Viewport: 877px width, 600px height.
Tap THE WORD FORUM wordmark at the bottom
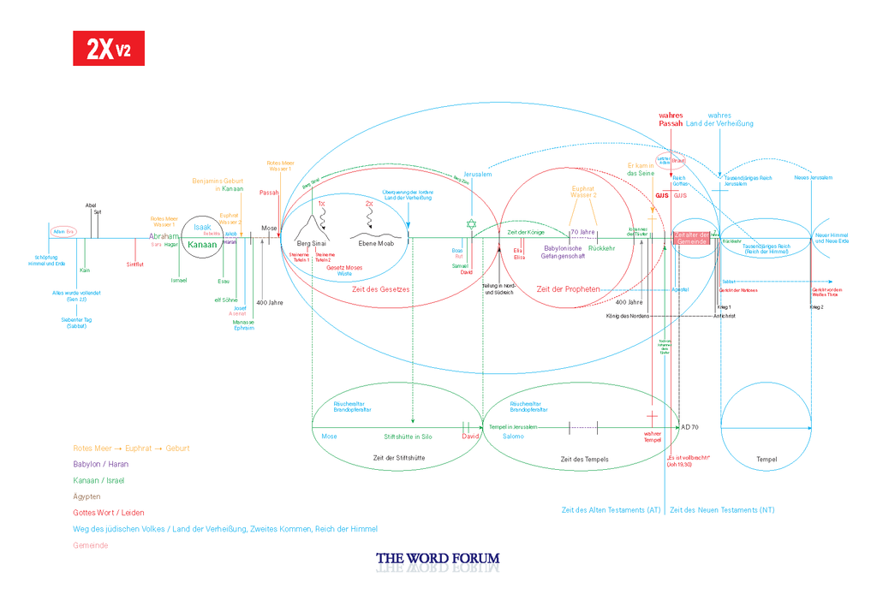[438, 560]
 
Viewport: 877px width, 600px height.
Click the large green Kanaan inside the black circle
[202, 244]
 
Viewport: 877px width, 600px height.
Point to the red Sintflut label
[135, 264]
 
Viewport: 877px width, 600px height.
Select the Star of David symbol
[469, 224]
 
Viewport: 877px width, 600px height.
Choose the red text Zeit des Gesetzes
[381, 289]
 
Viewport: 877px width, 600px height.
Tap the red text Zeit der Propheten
[568, 289]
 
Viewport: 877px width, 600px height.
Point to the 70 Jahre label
[582, 232]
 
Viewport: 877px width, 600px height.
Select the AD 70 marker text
[689, 426]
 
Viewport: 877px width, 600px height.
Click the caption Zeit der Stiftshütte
[399, 459]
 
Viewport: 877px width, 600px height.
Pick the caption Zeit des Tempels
[584, 460]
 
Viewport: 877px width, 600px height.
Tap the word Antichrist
[725, 316]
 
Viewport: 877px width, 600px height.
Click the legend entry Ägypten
[87, 496]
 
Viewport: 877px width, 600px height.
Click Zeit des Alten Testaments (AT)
[611, 510]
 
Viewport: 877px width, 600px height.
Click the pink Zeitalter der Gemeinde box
[692, 239]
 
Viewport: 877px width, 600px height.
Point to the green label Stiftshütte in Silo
[408, 437]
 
